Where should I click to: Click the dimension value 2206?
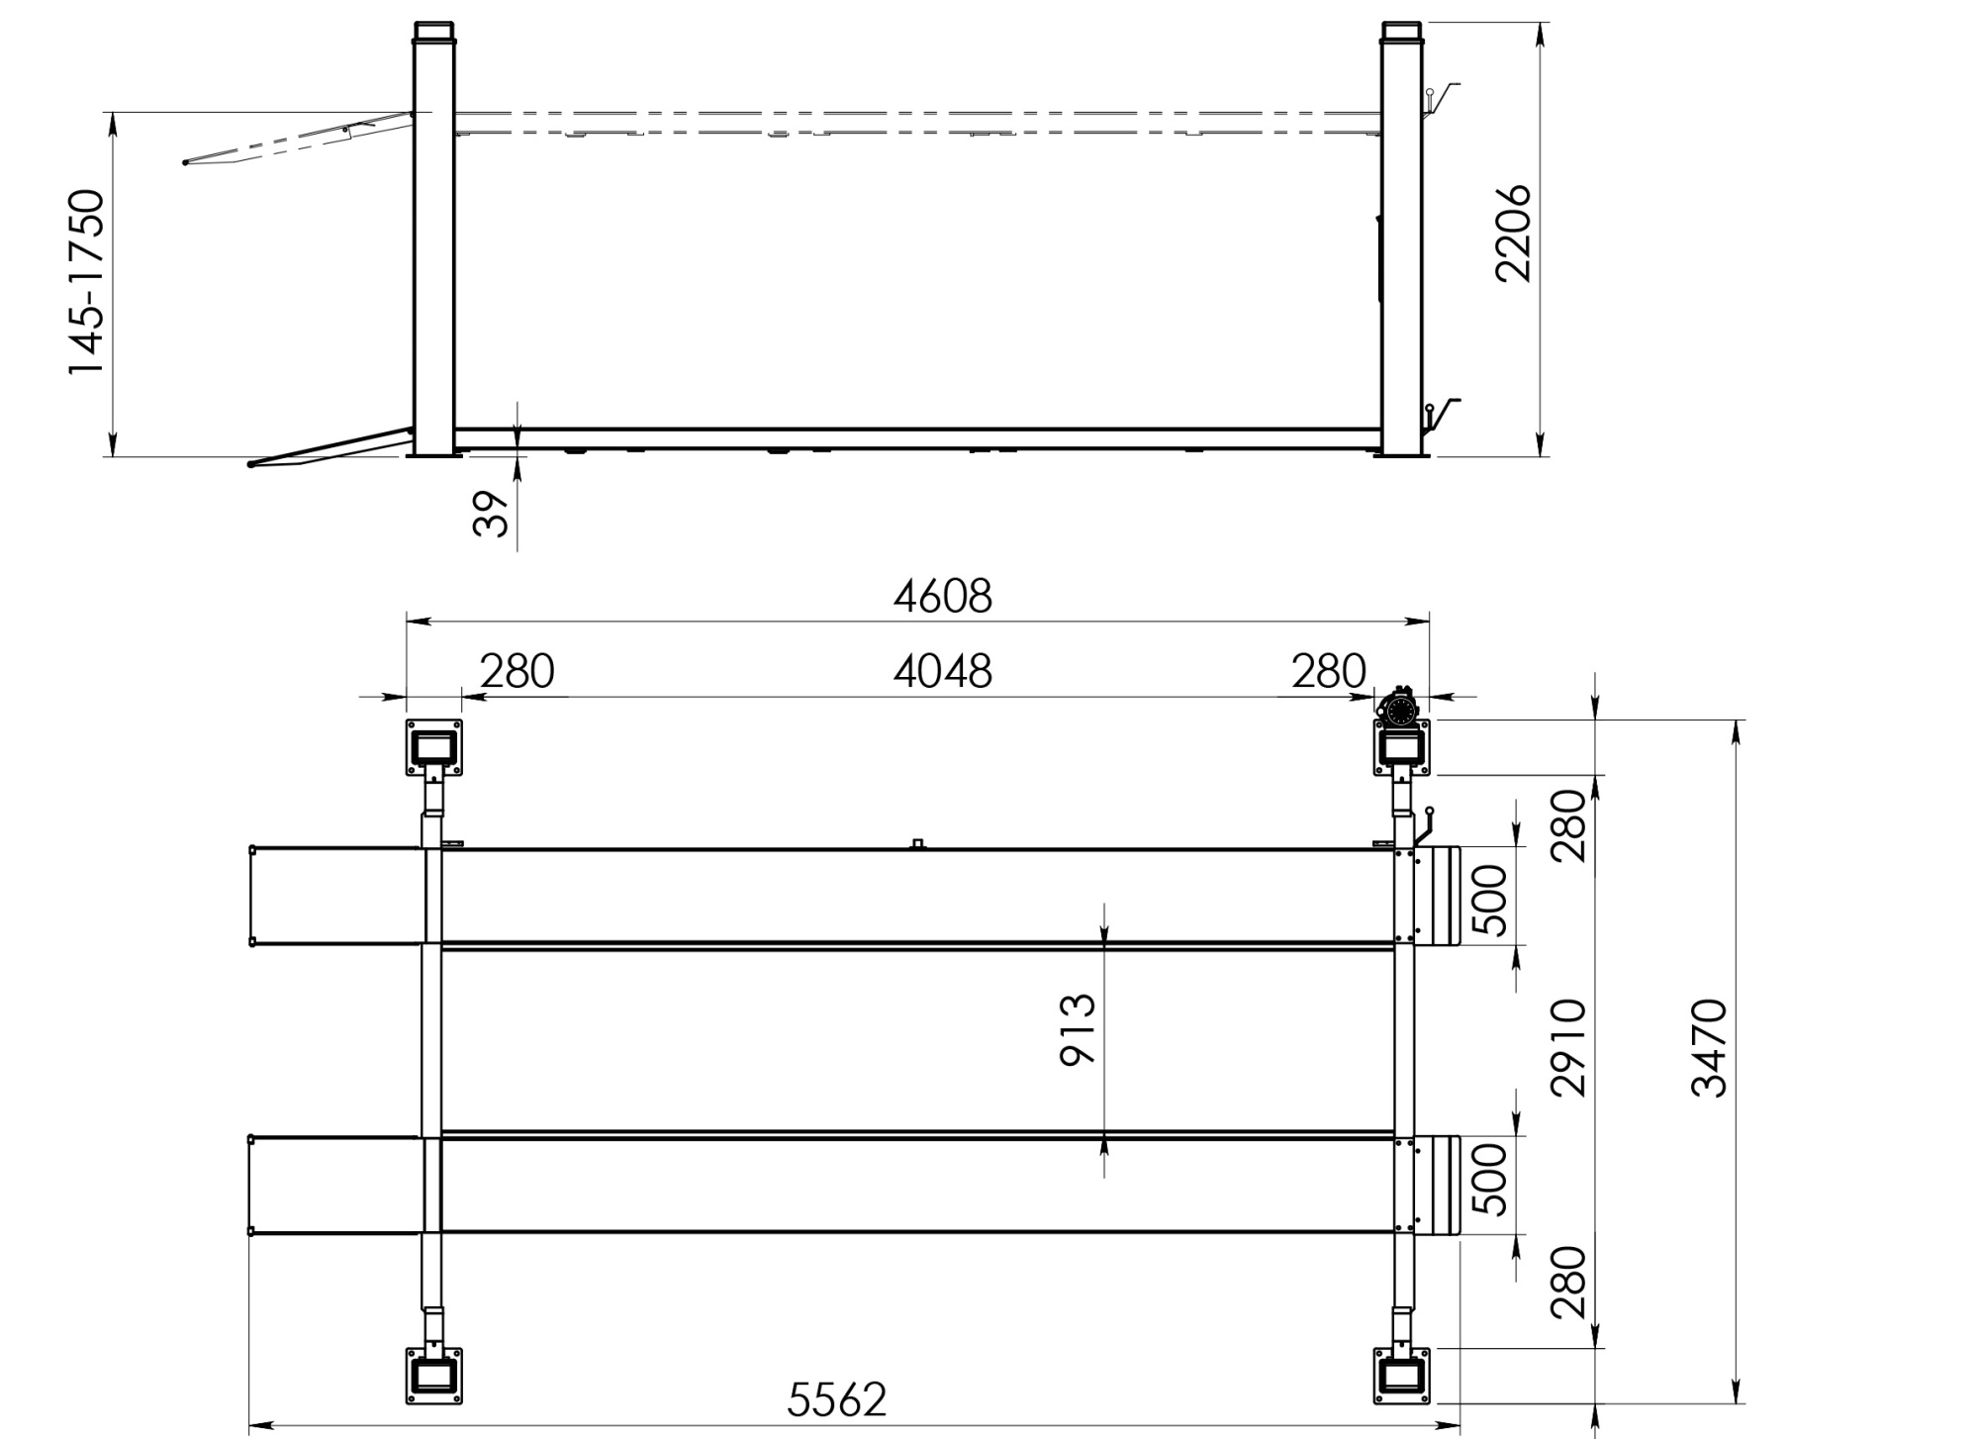point(1514,234)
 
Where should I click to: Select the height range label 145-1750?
point(86,282)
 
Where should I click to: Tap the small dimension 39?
point(491,514)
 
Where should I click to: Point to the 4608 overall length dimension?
point(942,597)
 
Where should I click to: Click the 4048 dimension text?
point(942,672)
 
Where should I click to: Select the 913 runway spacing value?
point(1079,1030)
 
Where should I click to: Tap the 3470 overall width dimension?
point(1710,1048)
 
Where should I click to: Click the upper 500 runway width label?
point(1489,900)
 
